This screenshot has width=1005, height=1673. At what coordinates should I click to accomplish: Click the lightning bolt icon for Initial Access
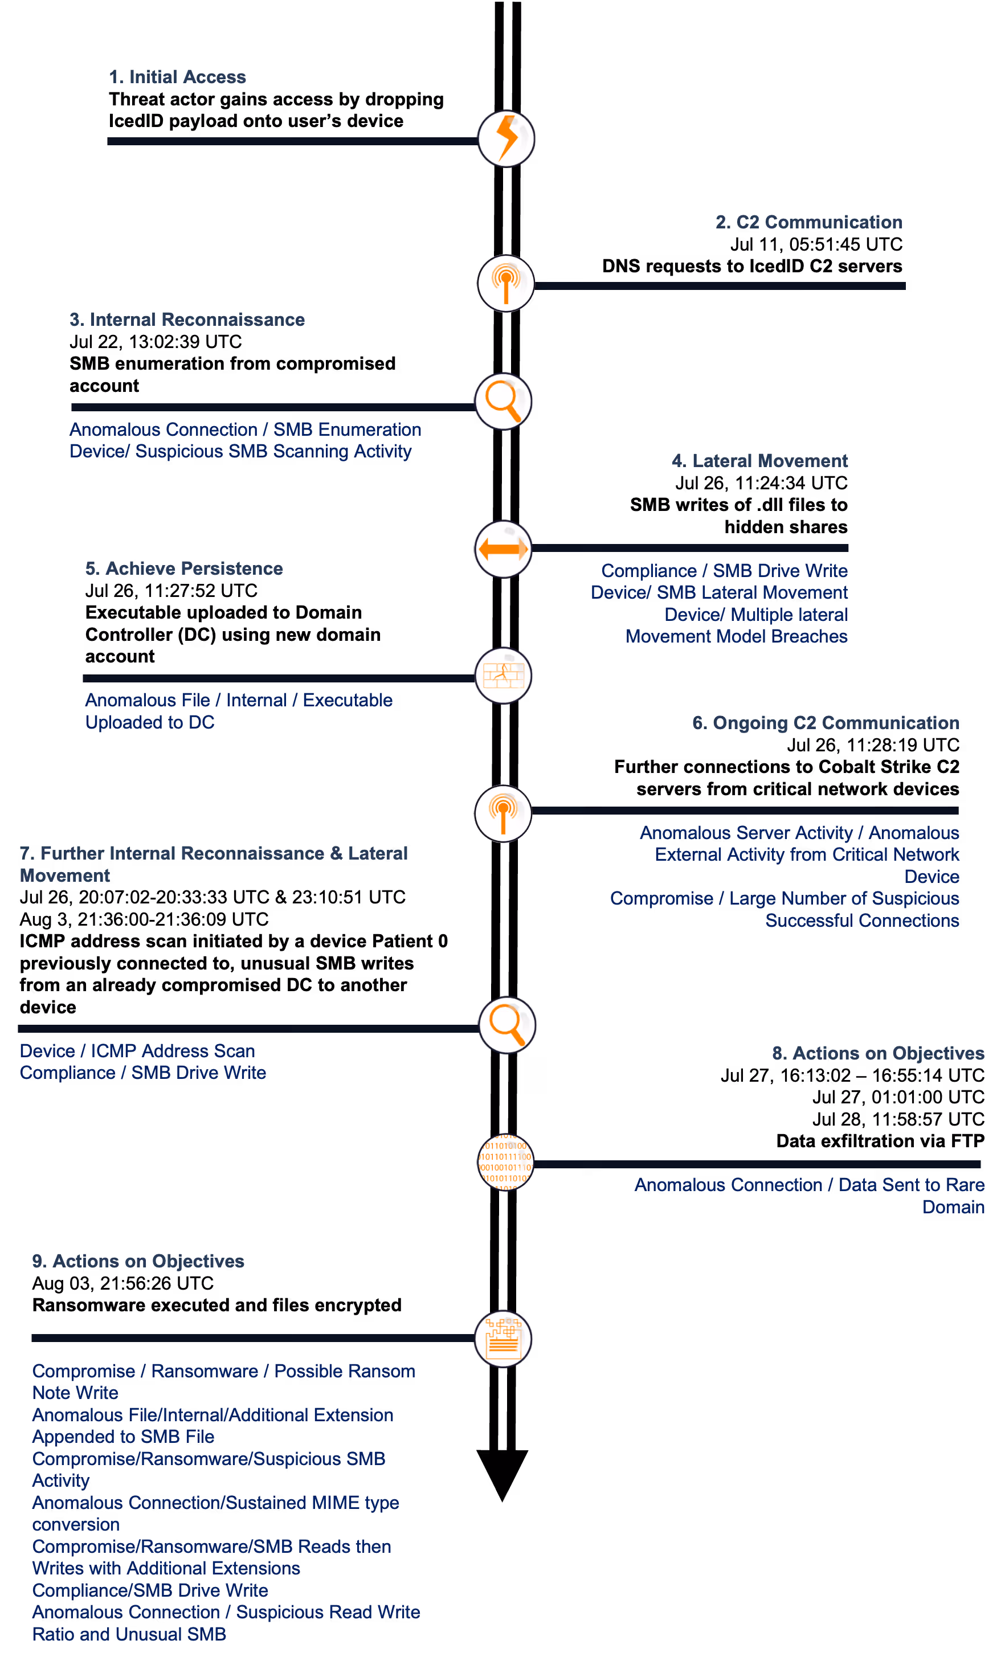pos(506,139)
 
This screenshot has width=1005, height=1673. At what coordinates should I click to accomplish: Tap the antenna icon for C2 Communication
pos(505,283)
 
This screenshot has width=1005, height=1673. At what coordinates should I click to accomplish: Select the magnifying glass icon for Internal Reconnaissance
pos(503,402)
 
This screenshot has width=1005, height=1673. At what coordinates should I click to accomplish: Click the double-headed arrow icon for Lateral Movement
pos(502,549)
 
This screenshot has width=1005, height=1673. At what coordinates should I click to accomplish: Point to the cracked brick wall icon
pos(503,676)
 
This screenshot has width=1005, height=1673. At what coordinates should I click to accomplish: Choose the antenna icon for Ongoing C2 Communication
pos(502,813)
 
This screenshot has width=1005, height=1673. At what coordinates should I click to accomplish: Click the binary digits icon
pos(505,1162)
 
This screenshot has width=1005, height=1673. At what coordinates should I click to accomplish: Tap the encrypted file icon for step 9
pos(503,1339)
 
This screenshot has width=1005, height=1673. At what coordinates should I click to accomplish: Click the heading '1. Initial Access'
pos(177,77)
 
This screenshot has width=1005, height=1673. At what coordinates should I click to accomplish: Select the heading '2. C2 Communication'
pos(808,222)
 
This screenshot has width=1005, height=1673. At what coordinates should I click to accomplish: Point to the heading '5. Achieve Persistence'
pos(183,568)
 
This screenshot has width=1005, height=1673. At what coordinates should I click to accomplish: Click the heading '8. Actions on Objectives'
pos(878,1053)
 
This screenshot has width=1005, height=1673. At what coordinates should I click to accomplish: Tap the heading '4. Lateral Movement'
pos(759,461)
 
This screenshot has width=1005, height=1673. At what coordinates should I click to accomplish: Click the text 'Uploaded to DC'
pos(150,722)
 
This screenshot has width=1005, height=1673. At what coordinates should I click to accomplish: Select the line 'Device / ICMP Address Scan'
pos(137,1051)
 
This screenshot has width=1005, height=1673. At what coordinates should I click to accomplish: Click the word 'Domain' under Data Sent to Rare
pos(953,1207)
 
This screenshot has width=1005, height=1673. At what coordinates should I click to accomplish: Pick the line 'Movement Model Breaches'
pos(736,636)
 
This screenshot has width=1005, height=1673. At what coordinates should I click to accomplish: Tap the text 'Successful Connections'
pos(861,921)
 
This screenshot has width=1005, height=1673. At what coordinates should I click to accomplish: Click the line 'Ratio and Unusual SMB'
pos(129,1634)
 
